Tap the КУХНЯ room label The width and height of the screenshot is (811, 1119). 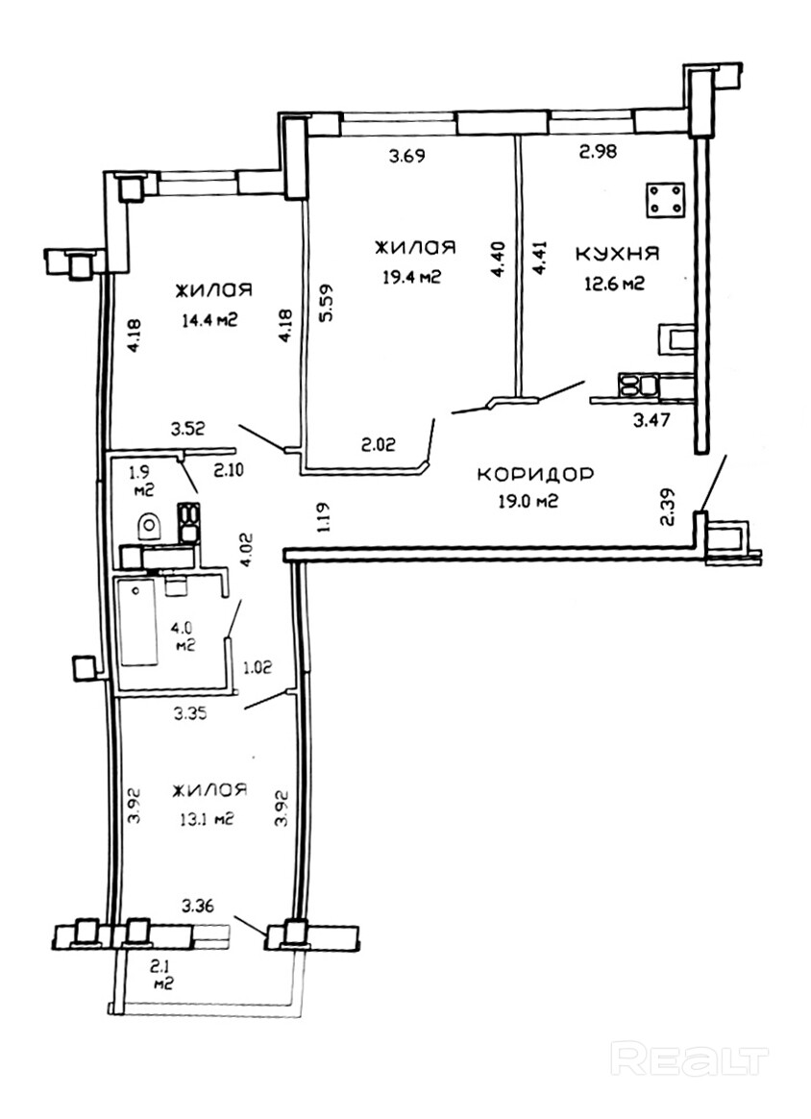[617, 254]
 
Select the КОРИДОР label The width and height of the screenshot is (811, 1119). [534, 475]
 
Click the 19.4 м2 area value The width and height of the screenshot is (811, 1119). [411, 277]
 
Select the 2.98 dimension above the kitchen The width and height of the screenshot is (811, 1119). [597, 151]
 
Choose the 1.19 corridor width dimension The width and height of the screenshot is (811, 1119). [324, 517]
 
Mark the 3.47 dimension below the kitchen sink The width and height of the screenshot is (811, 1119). [651, 419]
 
